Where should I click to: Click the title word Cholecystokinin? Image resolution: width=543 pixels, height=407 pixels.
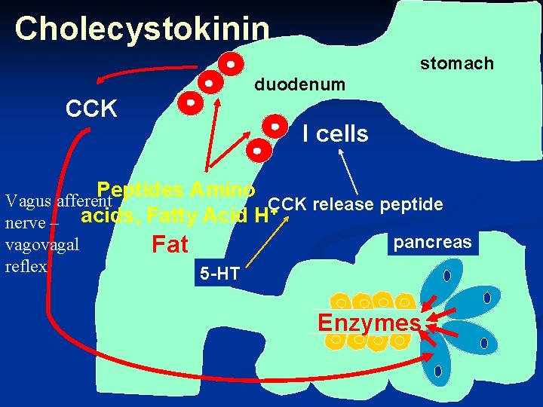click(142, 29)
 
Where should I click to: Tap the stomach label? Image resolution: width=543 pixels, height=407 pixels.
click(456, 63)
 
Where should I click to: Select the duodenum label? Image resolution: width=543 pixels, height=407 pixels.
click(299, 84)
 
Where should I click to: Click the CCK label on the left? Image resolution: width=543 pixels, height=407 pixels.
click(91, 109)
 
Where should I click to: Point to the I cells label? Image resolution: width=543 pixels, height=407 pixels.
click(335, 134)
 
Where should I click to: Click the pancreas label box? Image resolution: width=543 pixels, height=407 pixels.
click(432, 243)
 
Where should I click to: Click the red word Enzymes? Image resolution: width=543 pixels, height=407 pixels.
click(369, 323)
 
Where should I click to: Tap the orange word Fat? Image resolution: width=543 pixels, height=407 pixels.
click(170, 245)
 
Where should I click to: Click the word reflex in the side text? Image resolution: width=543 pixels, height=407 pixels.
click(25, 266)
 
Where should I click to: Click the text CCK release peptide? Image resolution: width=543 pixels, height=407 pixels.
click(355, 204)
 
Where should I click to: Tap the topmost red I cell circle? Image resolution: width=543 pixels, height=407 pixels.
click(232, 63)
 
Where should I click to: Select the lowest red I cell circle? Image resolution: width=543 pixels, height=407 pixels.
click(256, 150)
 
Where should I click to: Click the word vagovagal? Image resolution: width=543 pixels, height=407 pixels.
click(41, 245)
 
